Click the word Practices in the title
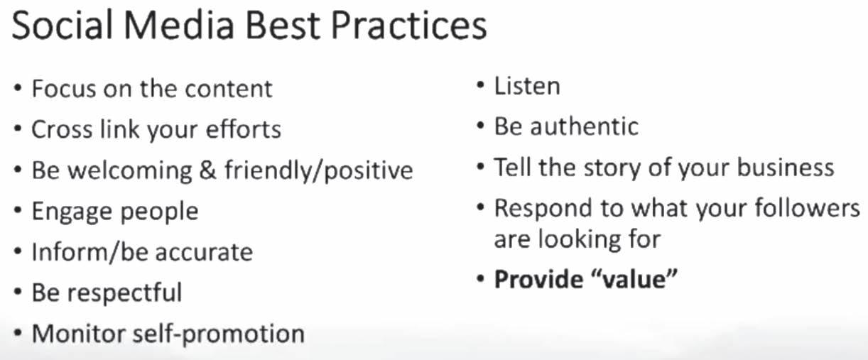pos(409,26)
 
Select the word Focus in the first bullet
pos(64,88)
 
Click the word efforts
pos(244,129)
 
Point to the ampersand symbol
pos(208,170)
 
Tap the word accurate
pos(204,253)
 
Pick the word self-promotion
pos(219,334)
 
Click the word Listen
pos(527,86)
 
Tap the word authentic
pos(585,126)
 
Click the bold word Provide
pos(538,279)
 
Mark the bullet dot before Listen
pos(480,85)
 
